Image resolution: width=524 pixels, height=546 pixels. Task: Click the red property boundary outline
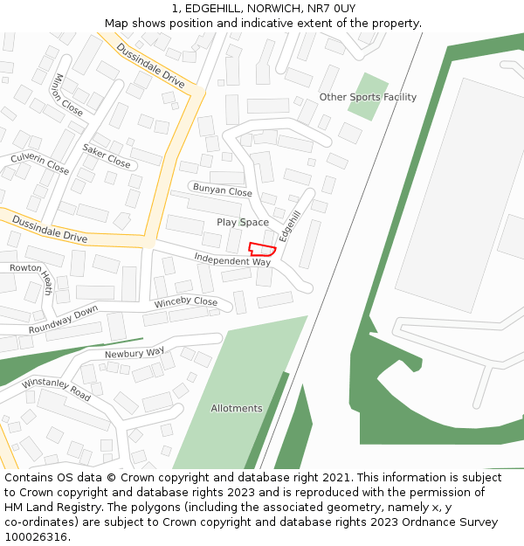point(262,249)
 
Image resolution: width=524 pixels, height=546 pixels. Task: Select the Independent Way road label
point(232,259)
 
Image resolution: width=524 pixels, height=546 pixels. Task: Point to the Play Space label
point(243,223)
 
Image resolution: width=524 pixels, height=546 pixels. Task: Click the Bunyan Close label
point(222,190)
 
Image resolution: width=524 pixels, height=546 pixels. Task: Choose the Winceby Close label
point(186,302)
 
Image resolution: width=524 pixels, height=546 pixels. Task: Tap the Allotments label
point(237,408)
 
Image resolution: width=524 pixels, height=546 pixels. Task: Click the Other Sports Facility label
point(368,97)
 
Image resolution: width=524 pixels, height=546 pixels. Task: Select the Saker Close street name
point(107,156)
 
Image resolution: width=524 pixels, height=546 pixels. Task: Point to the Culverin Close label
point(39,162)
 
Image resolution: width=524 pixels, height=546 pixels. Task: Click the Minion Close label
point(68,94)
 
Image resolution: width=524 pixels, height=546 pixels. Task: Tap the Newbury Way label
point(134,353)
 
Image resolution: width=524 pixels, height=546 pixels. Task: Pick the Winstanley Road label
point(56,390)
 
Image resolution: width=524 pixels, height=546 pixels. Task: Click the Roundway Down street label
point(63,321)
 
